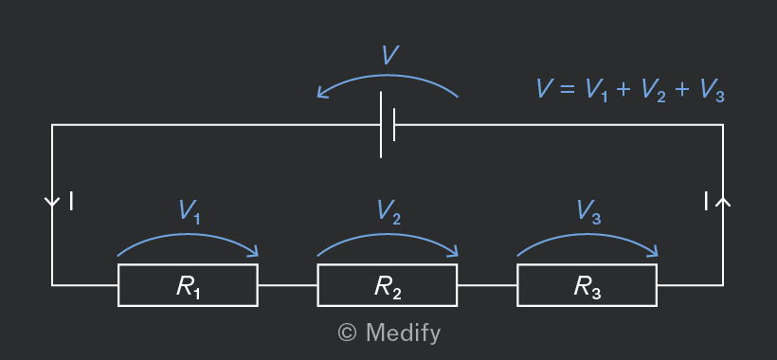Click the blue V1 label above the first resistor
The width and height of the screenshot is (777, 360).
point(190,212)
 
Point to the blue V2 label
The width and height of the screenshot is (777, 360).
point(389,212)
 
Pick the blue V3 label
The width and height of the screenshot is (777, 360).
point(588,212)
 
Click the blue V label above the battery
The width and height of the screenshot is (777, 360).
point(390,55)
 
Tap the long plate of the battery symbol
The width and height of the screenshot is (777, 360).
point(381,125)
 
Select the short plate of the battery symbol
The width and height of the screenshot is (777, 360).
point(394,125)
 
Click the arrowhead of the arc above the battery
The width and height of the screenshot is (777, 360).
point(322,93)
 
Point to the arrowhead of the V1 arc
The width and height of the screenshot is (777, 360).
point(253,252)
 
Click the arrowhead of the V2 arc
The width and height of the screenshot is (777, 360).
point(453,252)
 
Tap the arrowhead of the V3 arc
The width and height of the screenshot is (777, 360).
point(653,252)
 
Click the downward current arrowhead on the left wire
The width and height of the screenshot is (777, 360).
point(52,203)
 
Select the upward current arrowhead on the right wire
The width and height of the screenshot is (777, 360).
point(723,200)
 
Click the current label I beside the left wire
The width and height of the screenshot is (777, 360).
point(71,202)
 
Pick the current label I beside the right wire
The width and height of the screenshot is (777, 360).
point(706,202)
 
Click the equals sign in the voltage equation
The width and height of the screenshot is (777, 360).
point(567,90)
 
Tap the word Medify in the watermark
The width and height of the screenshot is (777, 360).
point(403,333)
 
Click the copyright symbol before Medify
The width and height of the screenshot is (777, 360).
point(347,333)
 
